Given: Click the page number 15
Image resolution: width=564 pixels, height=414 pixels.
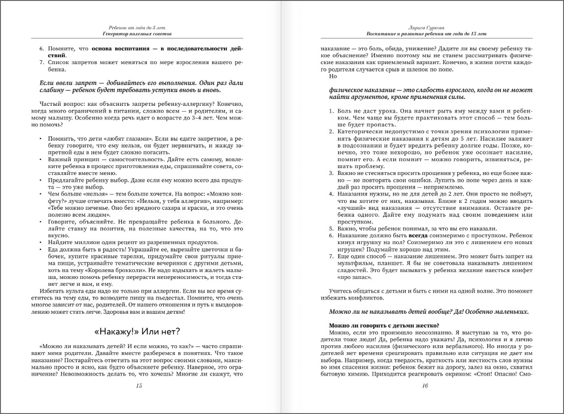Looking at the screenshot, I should [x=139, y=386].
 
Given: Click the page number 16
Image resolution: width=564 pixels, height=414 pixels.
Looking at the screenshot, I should [x=425, y=386].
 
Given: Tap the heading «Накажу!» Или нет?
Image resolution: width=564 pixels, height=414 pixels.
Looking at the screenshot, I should [x=139, y=331].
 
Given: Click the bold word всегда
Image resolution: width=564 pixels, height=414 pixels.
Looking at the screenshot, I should [x=418, y=235].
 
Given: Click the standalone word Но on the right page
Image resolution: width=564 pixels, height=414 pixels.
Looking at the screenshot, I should [x=333, y=76].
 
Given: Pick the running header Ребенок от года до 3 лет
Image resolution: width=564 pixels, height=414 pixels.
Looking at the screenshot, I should [x=139, y=27].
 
